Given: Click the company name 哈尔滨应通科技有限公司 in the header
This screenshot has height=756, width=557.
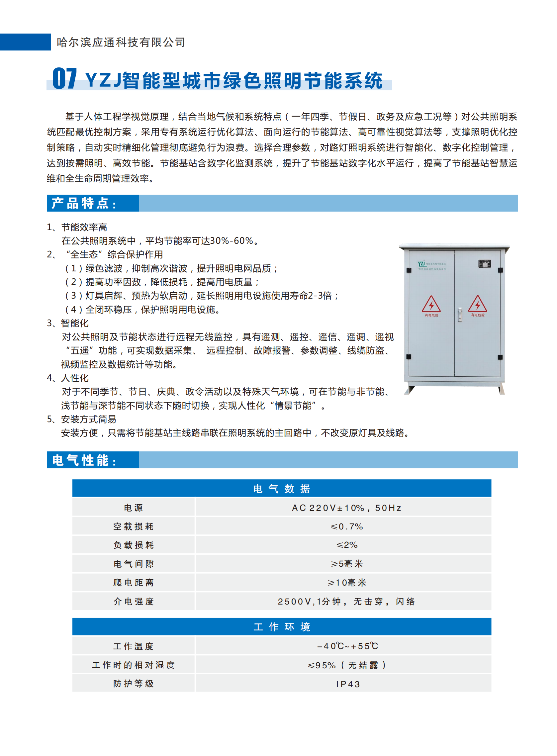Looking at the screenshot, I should click(121, 43).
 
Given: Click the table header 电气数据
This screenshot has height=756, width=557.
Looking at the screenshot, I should click(282, 489).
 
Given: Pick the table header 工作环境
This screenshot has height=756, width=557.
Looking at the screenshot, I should click(282, 627).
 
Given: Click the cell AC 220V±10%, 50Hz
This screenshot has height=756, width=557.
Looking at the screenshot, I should click(347, 508).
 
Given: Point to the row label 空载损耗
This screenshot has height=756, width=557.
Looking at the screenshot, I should click(134, 526).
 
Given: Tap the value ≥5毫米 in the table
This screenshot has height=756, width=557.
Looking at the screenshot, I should click(347, 564).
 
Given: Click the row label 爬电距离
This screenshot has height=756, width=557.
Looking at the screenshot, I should click(134, 583).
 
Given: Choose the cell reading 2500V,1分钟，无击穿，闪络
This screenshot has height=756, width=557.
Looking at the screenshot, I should click(347, 602).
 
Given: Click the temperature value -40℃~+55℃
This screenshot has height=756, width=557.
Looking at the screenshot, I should click(347, 646).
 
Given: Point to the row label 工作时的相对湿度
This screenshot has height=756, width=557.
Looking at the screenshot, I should click(134, 665).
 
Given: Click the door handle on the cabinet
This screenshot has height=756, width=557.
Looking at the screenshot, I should click(460, 314).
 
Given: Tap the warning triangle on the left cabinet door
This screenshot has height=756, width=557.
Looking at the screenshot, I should click(431, 305).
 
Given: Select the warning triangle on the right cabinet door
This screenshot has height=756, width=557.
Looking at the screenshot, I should click(477, 304).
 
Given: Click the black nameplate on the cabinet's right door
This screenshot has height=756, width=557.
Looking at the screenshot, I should click(485, 264).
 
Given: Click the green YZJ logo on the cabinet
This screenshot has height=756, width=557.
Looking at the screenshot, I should click(422, 264).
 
